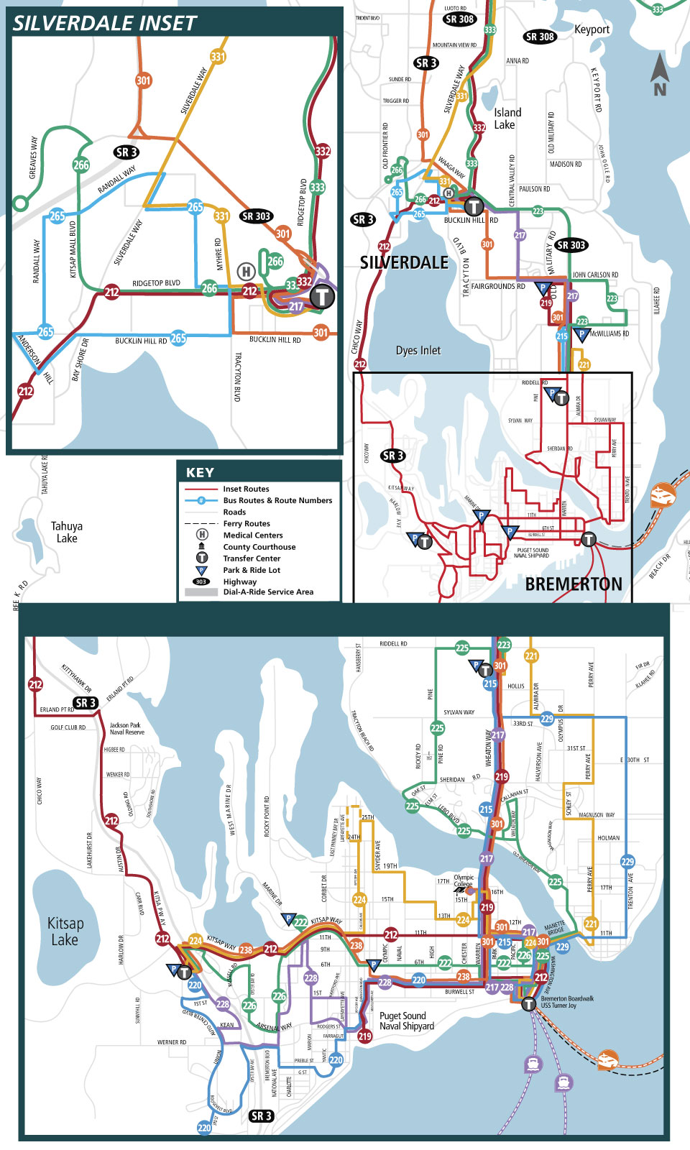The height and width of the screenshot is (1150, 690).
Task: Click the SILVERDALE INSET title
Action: [104, 23]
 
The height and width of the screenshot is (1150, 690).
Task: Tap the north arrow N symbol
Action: [660, 75]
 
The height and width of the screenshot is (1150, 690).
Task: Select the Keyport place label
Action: [592, 29]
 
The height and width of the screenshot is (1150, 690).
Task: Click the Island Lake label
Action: [507, 119]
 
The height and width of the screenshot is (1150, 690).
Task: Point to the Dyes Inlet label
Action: [418, 351]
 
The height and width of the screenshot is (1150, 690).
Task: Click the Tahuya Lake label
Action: [67, 532]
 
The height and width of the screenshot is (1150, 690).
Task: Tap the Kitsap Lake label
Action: [65, 931]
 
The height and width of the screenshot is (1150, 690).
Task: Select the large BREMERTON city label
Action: [574, 584]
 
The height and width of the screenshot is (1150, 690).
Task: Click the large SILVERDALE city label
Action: [404, 263]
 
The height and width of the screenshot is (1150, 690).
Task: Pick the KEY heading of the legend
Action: [200, 472]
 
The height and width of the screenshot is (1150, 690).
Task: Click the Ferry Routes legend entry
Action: [247, 524]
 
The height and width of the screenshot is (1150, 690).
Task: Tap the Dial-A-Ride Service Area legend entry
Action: [267, 592]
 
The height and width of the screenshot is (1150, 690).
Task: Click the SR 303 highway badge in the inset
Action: [256, 216]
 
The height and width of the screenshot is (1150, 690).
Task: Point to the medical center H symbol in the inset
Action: [246, 272]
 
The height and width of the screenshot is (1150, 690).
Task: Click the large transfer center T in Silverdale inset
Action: [322, 295]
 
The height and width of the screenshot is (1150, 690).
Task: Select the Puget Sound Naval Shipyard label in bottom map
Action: [407, 1021]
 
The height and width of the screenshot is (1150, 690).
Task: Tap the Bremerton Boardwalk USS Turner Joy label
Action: [567, 1002]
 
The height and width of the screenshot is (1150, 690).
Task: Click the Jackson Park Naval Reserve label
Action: [126, 729]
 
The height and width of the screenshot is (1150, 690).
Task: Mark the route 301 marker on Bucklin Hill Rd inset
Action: [321, 332]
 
